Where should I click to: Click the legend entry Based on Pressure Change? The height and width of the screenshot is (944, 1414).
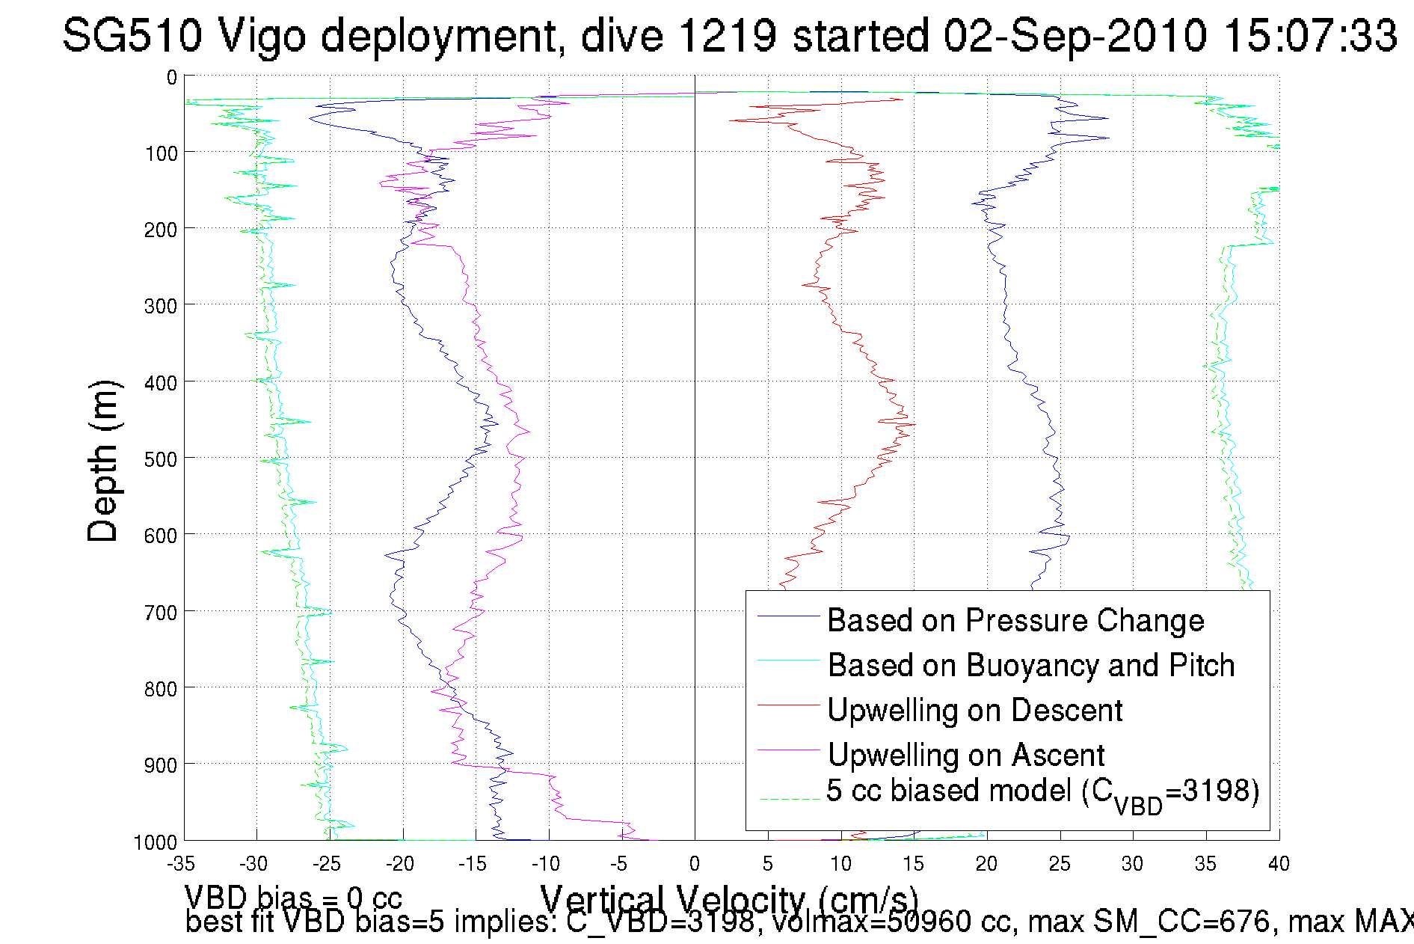(1015, 621)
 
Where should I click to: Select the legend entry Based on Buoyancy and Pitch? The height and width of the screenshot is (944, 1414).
(1030, 666)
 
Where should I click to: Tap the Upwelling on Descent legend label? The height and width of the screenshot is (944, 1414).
(974, 711)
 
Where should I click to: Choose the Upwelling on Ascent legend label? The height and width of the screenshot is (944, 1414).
(966, 755)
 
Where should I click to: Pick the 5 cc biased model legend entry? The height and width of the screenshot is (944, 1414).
(1042, 792)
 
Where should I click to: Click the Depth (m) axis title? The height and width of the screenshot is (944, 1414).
(102, 461)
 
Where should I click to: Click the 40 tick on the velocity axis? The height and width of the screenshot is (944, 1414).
(1279, 864)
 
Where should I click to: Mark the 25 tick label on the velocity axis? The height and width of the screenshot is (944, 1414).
(1060, 864)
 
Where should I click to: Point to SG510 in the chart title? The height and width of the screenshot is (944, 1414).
(132, 35)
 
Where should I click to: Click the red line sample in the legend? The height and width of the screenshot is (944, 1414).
(789, 705)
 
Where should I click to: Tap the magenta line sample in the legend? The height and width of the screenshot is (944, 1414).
(789, 750)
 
